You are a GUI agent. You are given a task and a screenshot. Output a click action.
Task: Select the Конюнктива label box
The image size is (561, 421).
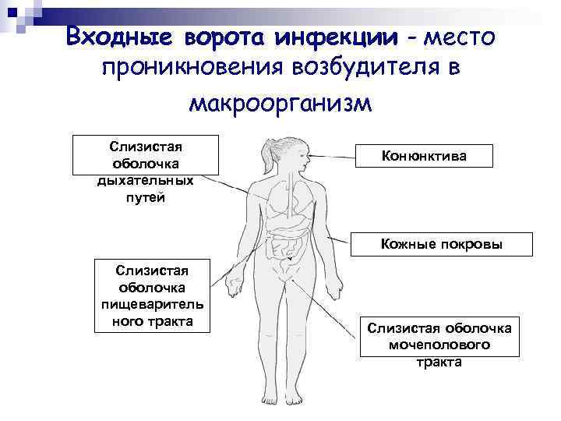425,156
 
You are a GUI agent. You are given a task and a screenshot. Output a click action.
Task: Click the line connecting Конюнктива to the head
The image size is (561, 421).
331,156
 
